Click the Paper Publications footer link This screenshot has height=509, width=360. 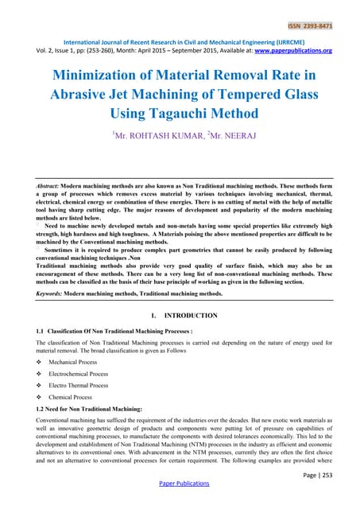[x=180, y=503]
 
